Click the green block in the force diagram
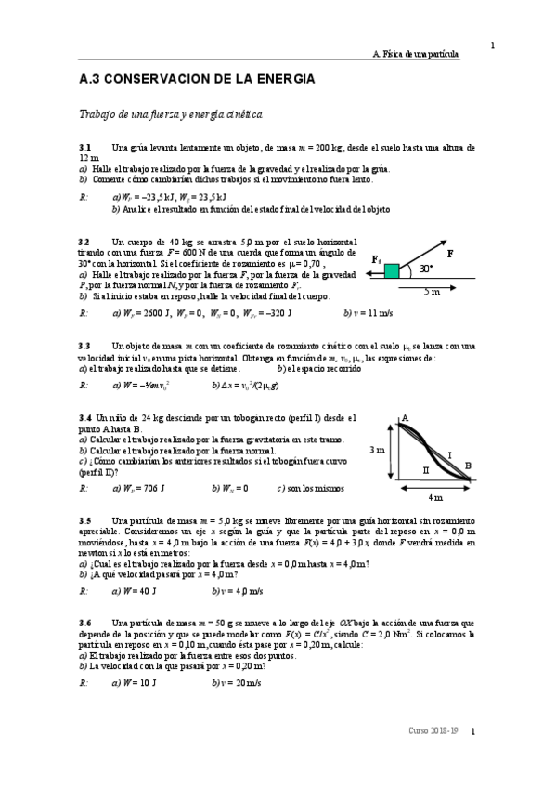[x=392, y=270]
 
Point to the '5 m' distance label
[x=432, y=291]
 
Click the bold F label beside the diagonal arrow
[x=450, y=253]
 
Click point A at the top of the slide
[x=405, y=419]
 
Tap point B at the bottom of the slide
[x=468, y=466]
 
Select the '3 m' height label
[x=377, y=450]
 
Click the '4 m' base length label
[x=435, y=497]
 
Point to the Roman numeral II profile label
[x=426, y=470]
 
